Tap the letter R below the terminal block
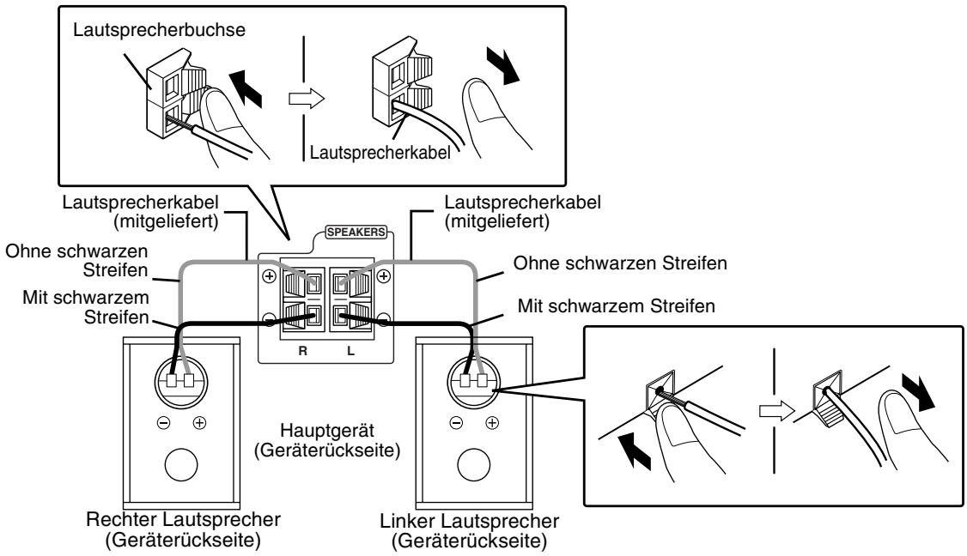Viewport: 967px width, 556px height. pos(302,350)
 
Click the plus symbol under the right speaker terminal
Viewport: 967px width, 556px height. pos(198,422)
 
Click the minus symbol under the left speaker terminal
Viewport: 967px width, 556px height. pos(456,422)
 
